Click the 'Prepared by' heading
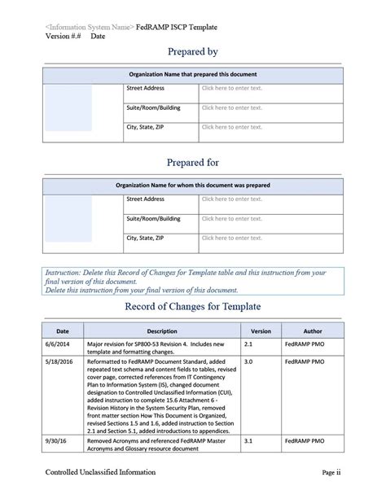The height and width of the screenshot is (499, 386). point(192,52)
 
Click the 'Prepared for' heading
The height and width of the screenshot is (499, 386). point(192,162)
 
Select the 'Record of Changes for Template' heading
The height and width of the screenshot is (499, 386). point(192,307)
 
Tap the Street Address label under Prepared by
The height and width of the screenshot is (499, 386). point(146,87)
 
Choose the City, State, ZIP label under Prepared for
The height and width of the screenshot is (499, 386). point(145,238)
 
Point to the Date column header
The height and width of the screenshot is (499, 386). point(62,331)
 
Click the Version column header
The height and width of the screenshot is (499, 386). point(261,331)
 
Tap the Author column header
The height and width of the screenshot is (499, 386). point(312,331)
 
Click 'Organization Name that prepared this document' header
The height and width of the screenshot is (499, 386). point(192,74)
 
